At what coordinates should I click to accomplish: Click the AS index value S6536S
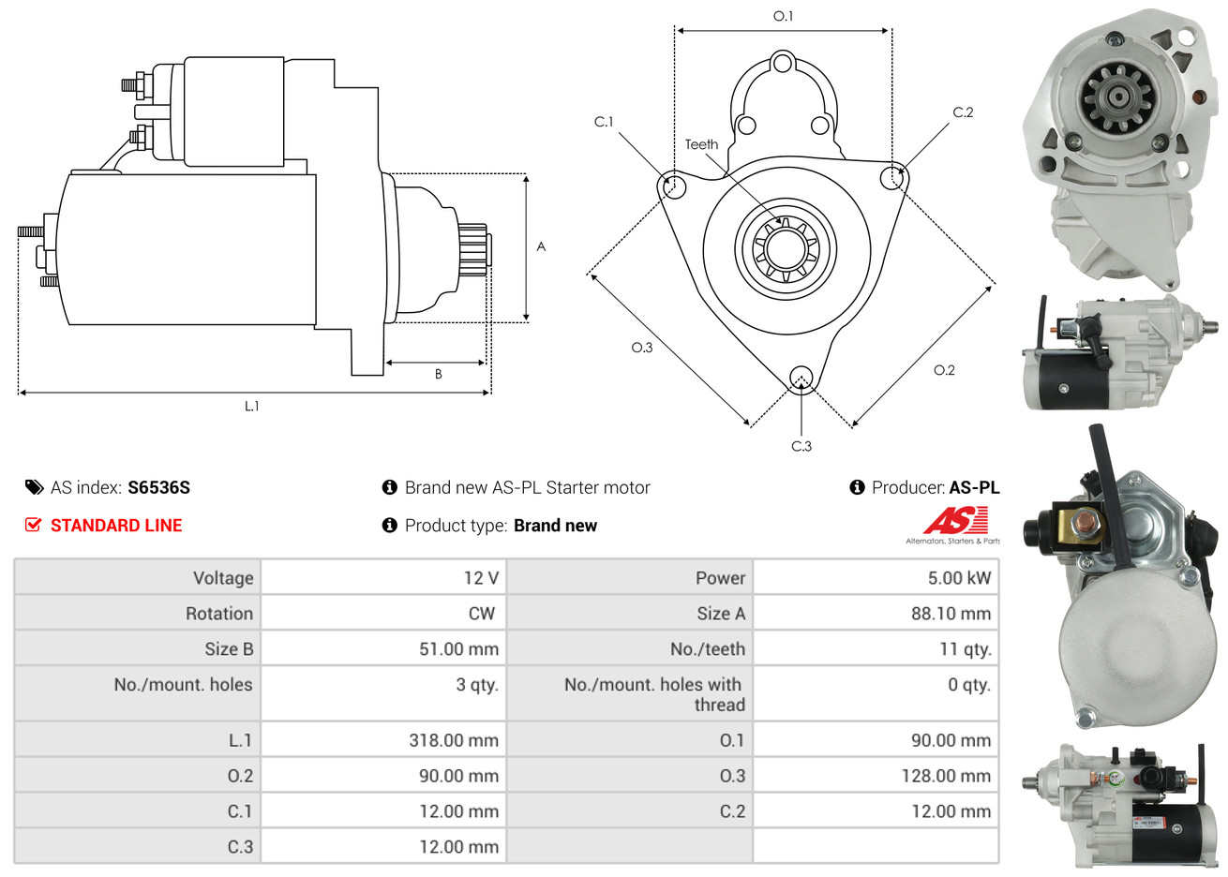pos(159,487)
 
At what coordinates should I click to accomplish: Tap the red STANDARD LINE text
pos(116,525)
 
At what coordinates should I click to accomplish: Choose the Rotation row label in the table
pos(219,614)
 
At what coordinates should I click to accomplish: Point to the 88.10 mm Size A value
pos(951,614)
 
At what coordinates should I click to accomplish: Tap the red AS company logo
pos(955,521)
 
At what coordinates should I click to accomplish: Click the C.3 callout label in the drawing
pos(801,446)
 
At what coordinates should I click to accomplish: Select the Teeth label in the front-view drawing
pos(701,144)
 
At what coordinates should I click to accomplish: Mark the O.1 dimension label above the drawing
pos(783,17)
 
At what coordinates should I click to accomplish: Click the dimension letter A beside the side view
pos(541,246)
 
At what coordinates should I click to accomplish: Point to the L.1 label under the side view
pos(251,406)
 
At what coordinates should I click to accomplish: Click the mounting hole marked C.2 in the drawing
pos(892,178)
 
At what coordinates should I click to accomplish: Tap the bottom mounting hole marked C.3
pos(801,377)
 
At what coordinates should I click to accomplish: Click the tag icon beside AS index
pos(34,487)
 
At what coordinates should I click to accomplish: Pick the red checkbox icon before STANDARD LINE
pos(33,525)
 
